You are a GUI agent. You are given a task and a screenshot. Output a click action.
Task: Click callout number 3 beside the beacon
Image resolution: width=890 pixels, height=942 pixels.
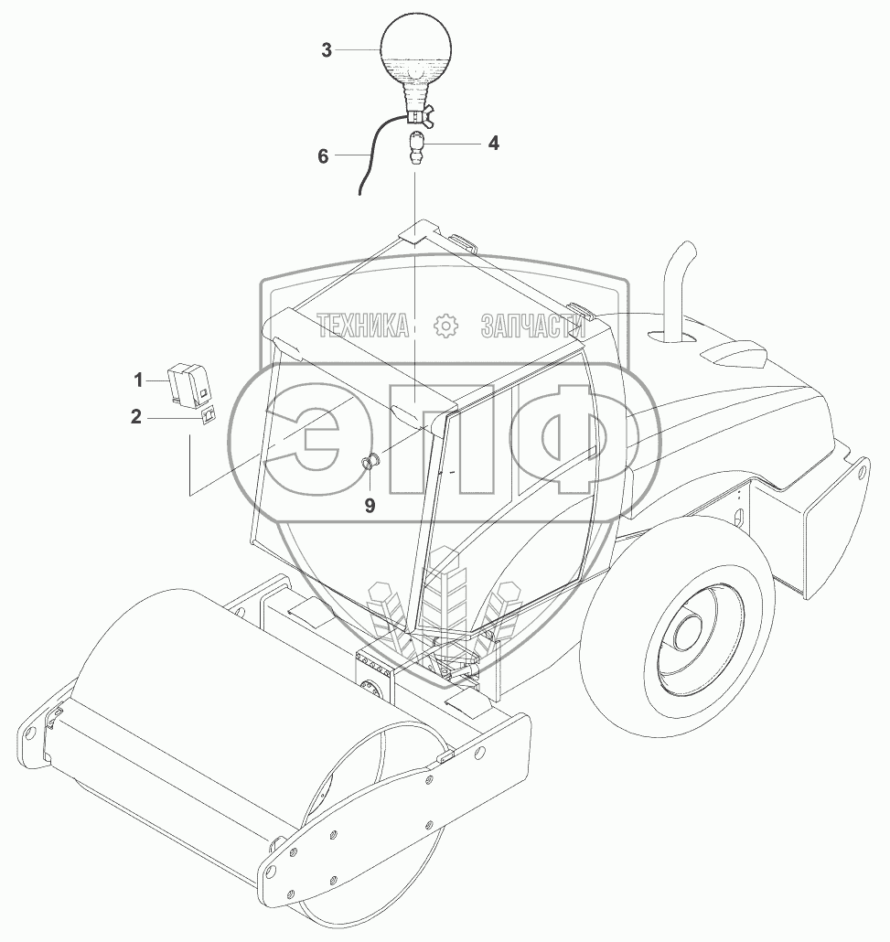click(x=327, y=50)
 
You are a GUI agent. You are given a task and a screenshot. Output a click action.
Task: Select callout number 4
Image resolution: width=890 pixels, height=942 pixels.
click(x=493, y=143)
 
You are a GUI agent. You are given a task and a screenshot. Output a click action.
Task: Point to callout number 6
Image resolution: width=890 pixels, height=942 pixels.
click(x=323, y=156)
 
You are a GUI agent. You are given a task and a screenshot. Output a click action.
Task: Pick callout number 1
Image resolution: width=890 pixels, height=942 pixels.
click(x=138, y=380)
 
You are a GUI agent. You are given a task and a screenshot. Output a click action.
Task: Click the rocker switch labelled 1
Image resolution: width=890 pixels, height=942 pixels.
click(x=188, y=382)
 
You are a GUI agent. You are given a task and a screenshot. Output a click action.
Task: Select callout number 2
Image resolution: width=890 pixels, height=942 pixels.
click(x=136, y=416)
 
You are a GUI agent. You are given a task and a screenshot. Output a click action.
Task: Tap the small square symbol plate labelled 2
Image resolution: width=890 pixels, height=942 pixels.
click(x=208, y=416)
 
